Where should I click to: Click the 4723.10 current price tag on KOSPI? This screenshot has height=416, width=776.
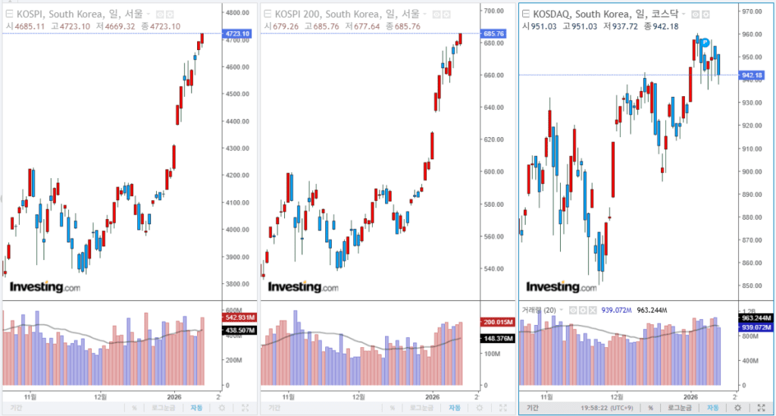(237, 34)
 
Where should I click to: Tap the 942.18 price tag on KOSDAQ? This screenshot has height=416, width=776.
(753, 75)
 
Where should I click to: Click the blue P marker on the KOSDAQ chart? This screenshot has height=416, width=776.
(704, 43)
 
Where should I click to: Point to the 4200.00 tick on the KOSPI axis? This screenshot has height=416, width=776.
(237, 175)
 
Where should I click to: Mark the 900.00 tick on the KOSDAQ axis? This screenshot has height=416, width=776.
(753, 171)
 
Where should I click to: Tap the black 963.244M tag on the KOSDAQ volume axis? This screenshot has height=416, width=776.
(755, 318)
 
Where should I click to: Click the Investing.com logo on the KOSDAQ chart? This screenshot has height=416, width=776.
(562, 287)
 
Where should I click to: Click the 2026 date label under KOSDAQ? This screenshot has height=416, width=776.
(692, 396)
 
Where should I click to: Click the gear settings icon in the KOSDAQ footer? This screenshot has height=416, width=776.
(738, 408)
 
